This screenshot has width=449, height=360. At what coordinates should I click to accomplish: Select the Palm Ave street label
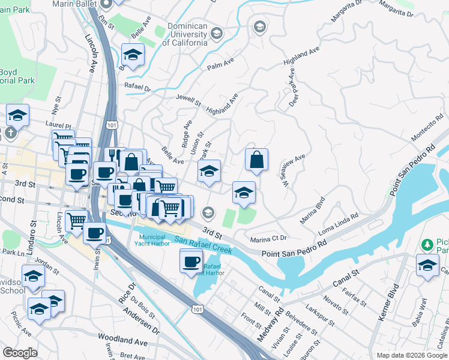tap(219, 66)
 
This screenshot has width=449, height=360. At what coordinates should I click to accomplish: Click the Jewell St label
tap(188, 100)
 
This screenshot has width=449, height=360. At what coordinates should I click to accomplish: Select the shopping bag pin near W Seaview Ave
tap(256, 160)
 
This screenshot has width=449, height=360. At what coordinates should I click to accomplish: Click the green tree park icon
tap(426, 245)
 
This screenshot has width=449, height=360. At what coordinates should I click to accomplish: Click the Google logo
tap(20, 353)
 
